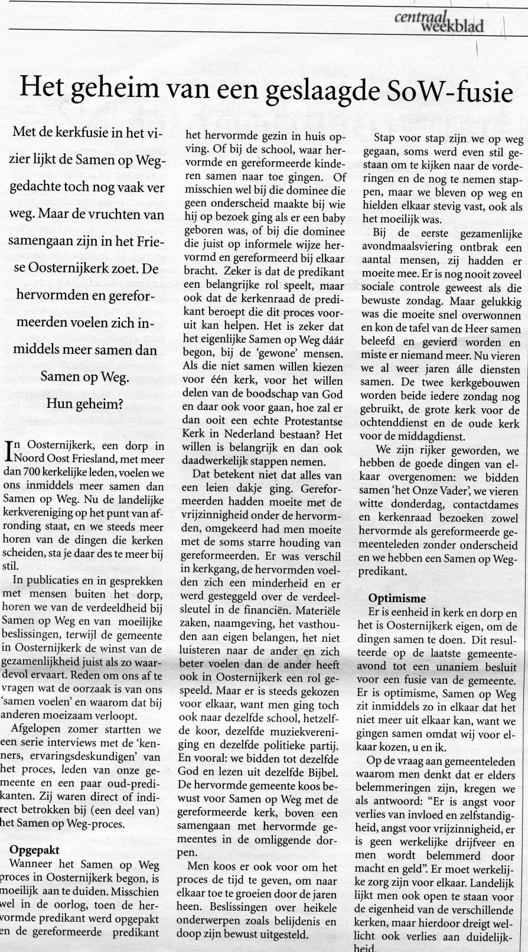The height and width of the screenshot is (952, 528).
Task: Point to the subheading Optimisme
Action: (397, 599)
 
